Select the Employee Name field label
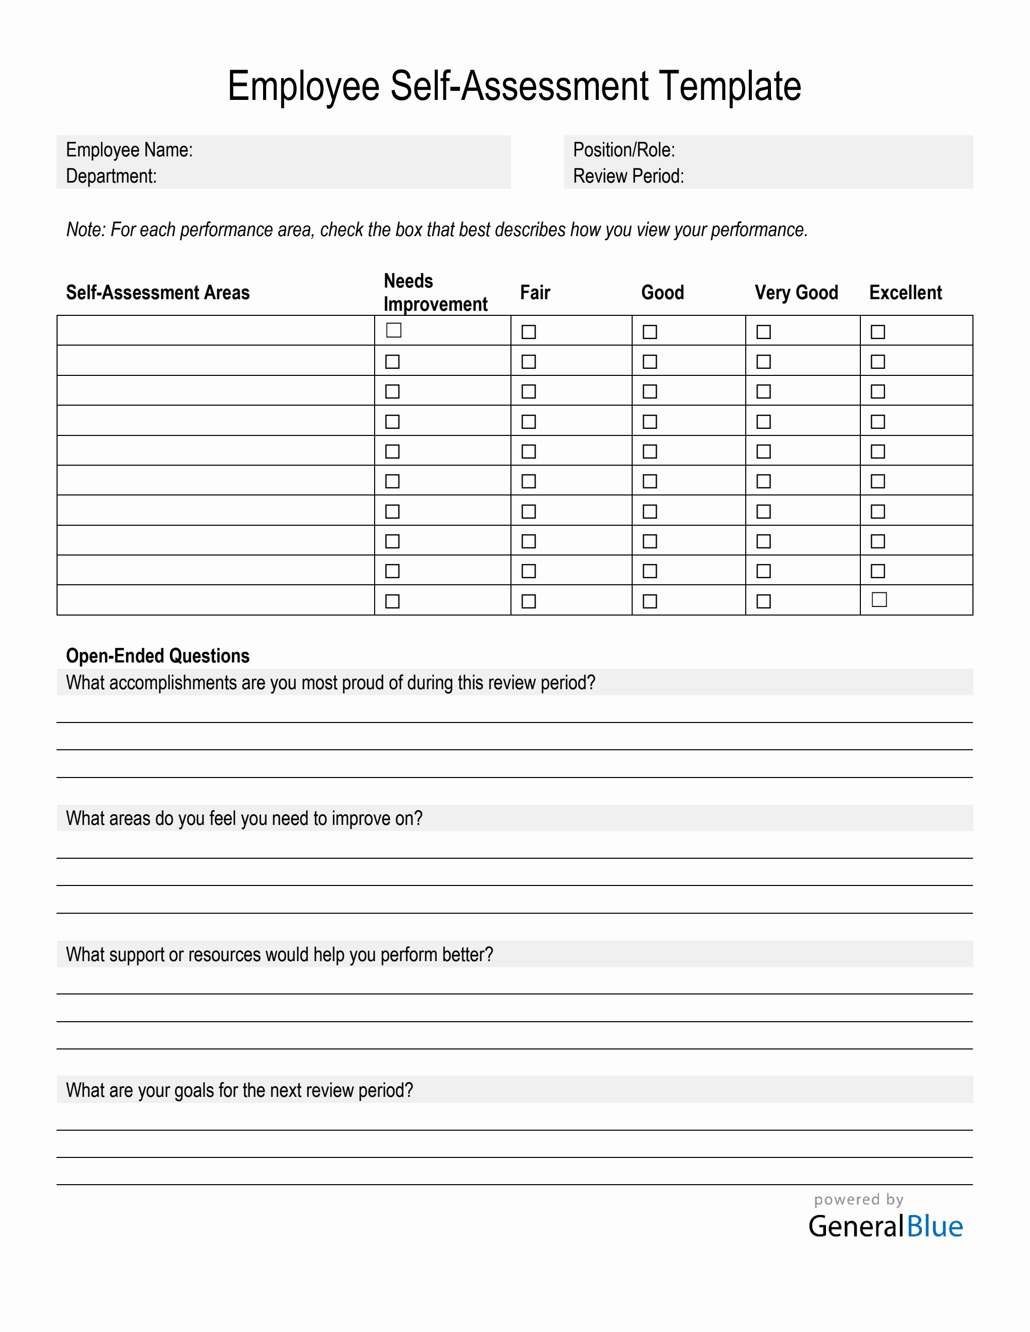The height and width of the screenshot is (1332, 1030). [129, 150]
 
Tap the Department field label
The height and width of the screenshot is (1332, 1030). [111, 176]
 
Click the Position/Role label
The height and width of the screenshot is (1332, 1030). [624, 150]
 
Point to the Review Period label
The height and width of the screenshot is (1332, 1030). [628, 176]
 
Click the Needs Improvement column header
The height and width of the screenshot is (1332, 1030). [435, 293]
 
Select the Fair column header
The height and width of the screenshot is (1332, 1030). [535, 293]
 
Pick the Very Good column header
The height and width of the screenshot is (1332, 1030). [796, 293]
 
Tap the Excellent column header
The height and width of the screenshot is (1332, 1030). [905, 293]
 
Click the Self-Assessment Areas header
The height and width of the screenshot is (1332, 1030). [158, 293]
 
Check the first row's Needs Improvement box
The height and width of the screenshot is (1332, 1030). [394, 330]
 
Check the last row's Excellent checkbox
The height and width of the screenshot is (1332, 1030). [879, 599]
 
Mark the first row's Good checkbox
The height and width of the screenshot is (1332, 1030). [650, 332]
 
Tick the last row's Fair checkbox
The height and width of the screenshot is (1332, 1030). [529, 601]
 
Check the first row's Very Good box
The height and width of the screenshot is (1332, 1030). [763, 332]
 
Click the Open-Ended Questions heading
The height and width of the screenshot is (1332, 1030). [158, 655]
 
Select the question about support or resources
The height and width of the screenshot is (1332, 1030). [279, 955]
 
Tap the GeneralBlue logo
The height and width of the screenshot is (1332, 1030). [886, 1226]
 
